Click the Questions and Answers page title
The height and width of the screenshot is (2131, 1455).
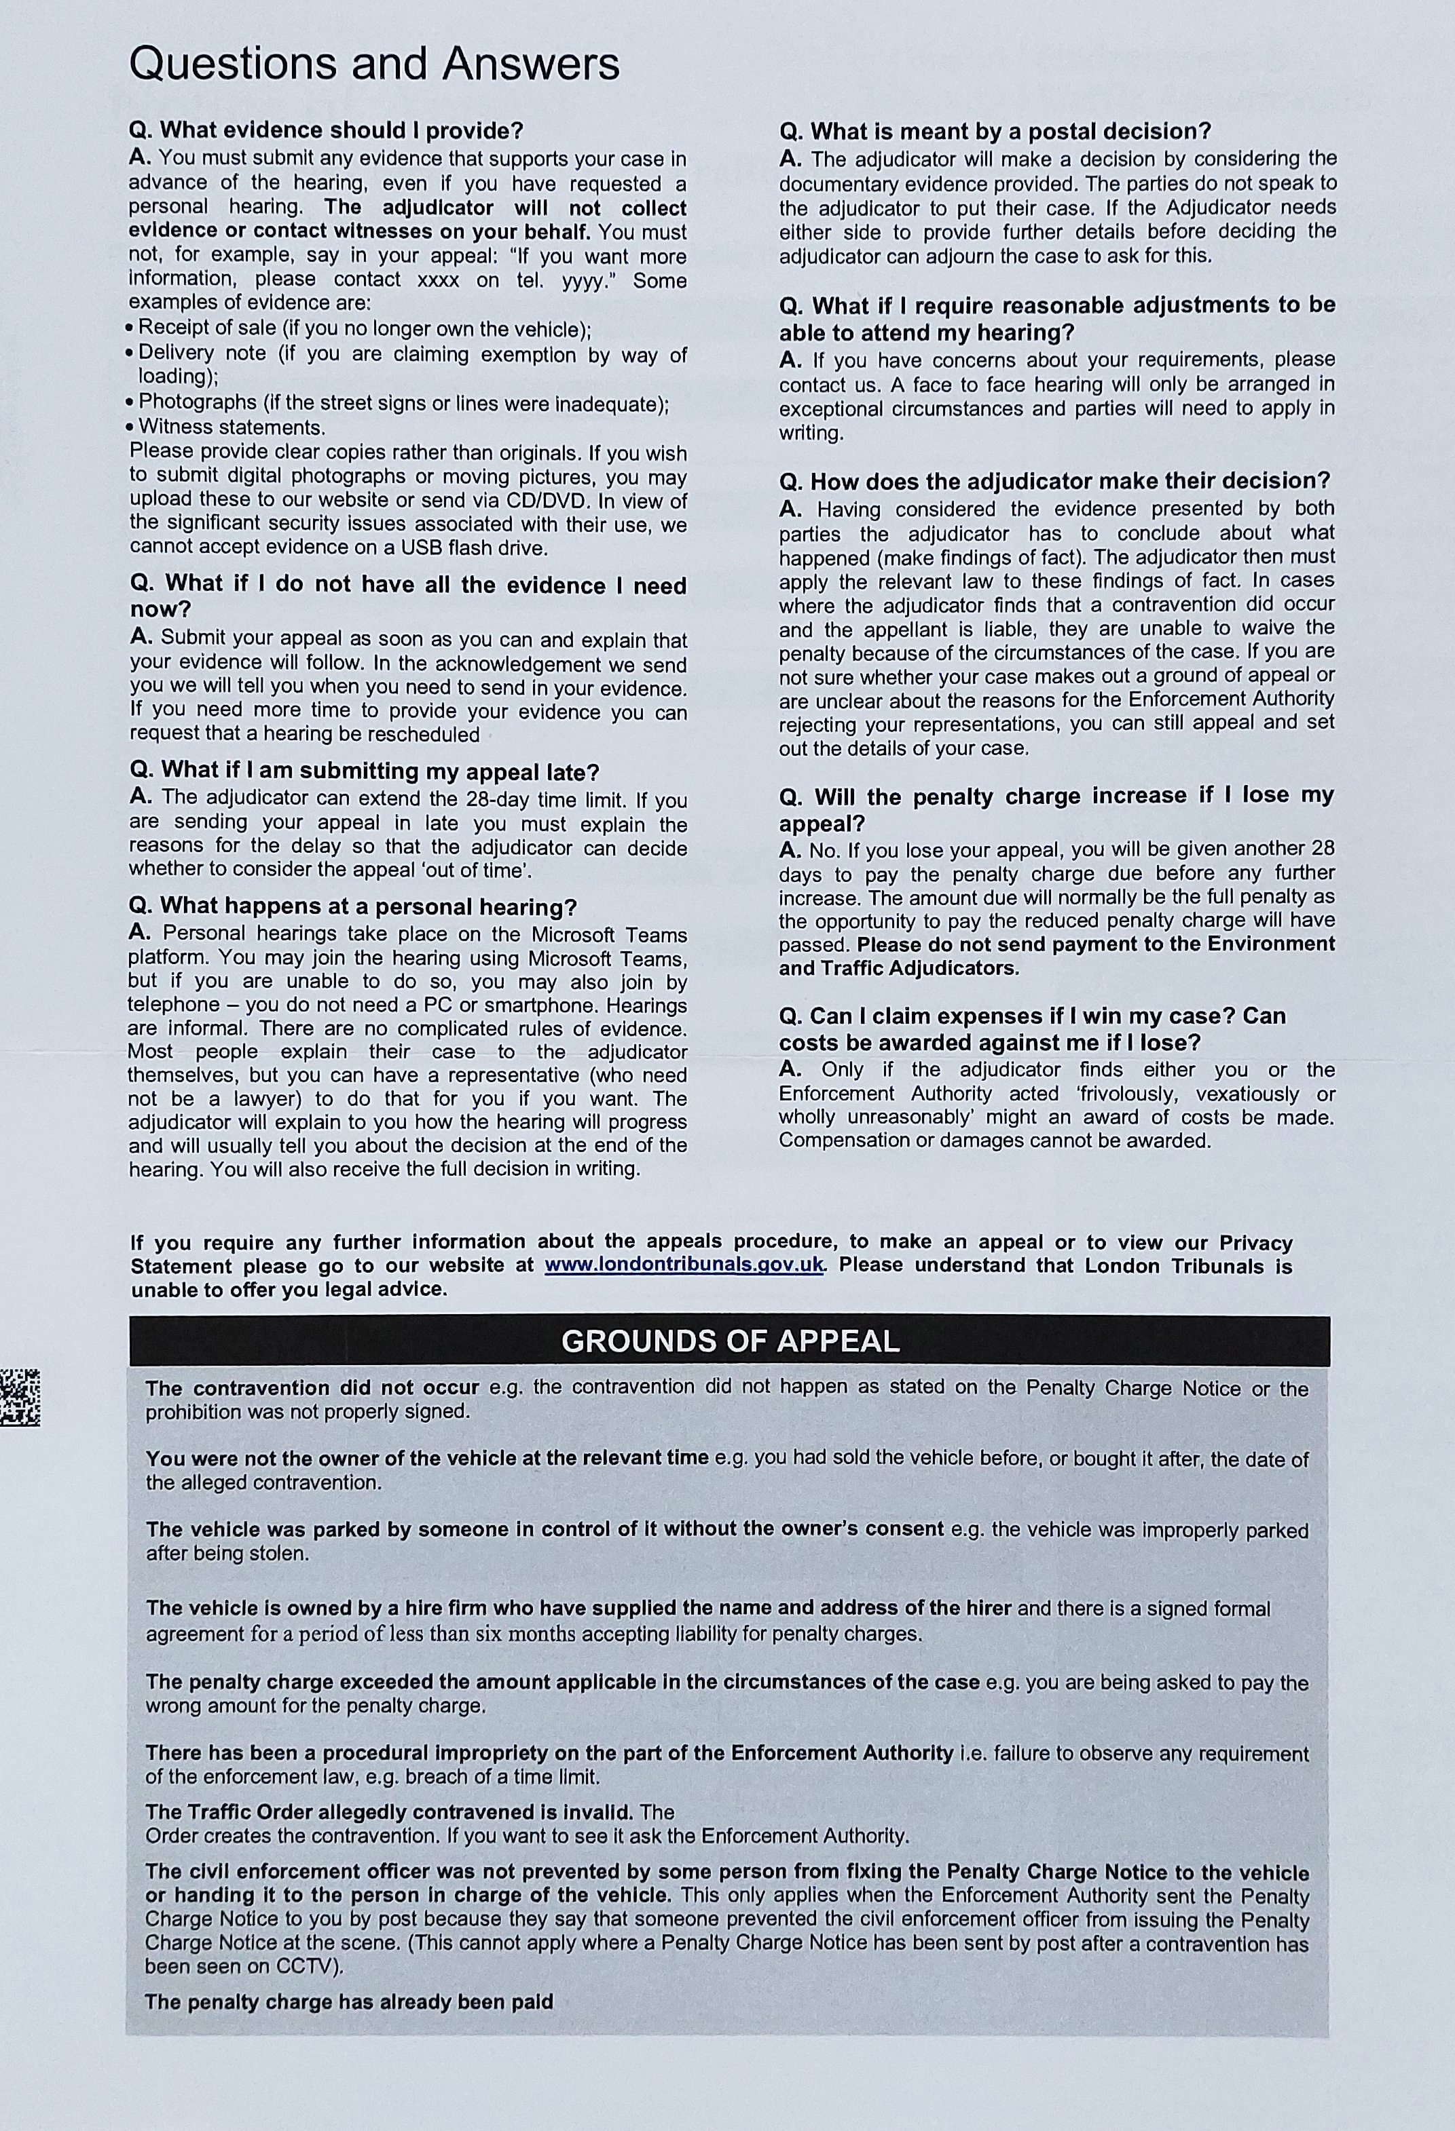(373, 65)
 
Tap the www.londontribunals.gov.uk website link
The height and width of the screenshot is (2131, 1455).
(684, 1265)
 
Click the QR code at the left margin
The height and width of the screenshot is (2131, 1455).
(19, 1396)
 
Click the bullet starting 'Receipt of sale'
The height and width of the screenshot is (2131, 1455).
(364, 328)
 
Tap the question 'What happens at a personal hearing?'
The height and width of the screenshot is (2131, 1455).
(352, 907)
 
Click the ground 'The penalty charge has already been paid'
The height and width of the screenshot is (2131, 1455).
(348, 2001)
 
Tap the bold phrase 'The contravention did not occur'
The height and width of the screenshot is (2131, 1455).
(312, 1387)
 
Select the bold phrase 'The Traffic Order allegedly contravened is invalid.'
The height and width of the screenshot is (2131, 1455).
(389, 1812)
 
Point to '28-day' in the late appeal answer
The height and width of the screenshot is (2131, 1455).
(498, 798)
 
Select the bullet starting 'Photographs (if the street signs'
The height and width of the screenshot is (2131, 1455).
(404, 402)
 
